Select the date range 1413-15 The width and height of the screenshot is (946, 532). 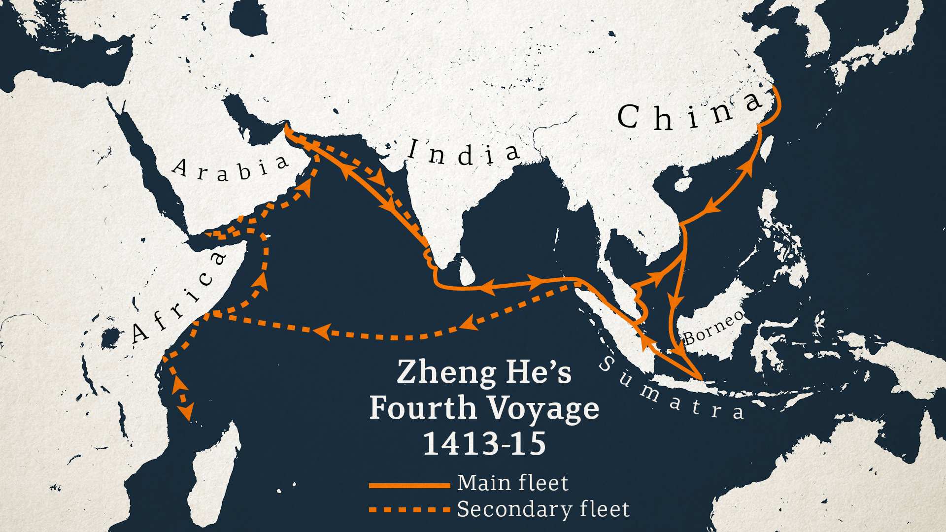[485, 443]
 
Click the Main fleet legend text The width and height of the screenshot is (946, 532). [512, 483]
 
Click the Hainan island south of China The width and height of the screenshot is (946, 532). [682, 185]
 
